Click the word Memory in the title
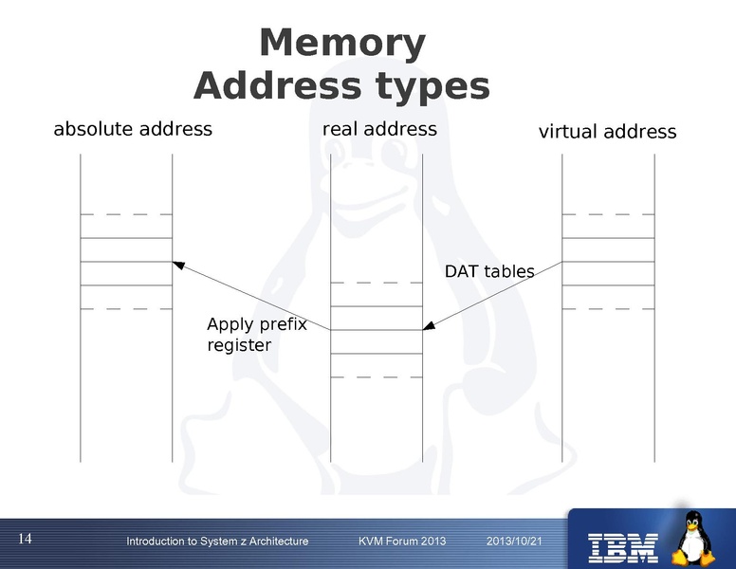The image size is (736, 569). (x=341, y=44)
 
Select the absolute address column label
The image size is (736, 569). (x=133, y=128)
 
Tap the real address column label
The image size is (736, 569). (x=379, y=128)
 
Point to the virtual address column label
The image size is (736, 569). (x=607, y=132)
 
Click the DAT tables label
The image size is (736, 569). (x=489, y=272)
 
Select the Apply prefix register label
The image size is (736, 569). (x=256, y=335)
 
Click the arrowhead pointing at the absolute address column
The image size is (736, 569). (x=177, y=264)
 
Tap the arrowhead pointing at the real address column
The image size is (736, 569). (x=428, y=327)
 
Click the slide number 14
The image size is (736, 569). (x=25, y=540)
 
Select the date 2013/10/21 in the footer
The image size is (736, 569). (x=513, y=541)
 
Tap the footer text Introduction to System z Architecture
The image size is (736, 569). (x=217, y=541)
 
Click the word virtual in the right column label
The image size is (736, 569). (x=568, y=132)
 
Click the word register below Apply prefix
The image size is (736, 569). (x=239, y=346)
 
